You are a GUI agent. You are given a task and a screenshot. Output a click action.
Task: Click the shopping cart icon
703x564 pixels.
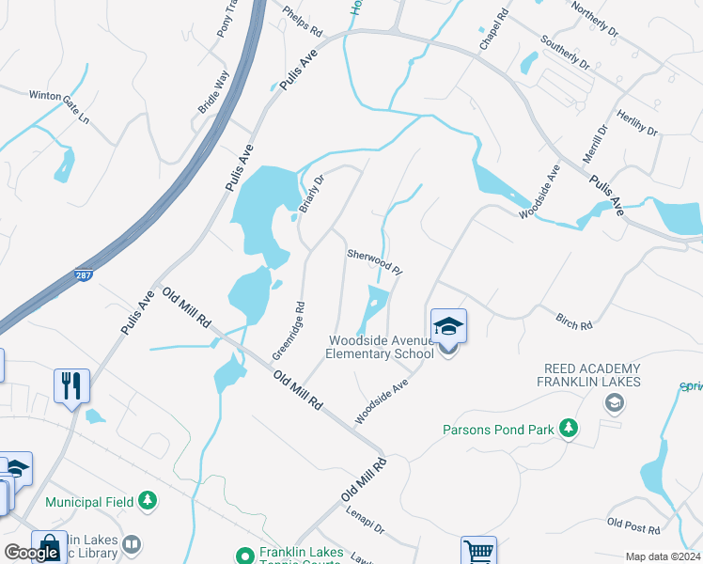[478, 551]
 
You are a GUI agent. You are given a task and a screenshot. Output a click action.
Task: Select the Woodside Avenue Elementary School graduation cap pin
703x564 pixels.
[448, 327]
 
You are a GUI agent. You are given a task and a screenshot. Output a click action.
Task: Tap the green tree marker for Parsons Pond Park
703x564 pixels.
[568, 430]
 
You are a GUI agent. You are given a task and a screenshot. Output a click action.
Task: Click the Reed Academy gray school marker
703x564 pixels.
[615, 403]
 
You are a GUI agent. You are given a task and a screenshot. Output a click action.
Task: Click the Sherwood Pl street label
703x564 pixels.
[375, 261]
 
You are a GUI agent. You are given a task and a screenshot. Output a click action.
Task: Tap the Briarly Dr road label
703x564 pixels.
[311, 194]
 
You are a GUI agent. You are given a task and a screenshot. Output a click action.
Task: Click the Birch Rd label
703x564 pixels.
[574, 322]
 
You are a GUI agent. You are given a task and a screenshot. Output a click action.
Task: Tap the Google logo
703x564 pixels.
[31, 553]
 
